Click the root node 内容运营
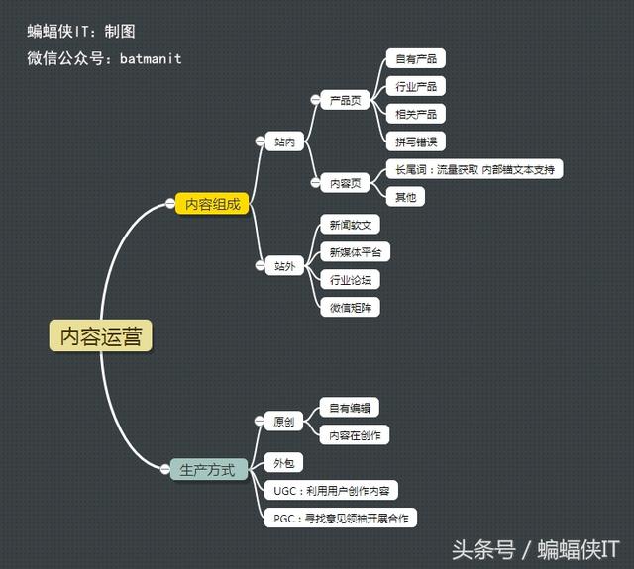click(102, 336)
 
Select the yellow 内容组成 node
click(212, 204)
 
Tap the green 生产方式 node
click(208, 470)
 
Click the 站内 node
click(284, 142)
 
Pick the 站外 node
click(284, 266)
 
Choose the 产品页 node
click(344, 101)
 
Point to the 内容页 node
click(344, 183)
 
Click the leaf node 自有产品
click(414, 59)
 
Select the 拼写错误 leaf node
click(414, 142)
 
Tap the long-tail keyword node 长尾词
click(474, 169)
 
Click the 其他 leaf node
click(405, 197)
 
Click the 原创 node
click(284, 422)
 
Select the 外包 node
click(284, 463)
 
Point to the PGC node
click(340, 518)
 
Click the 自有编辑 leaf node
click(350, 408)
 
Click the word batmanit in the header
click(151, 58)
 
